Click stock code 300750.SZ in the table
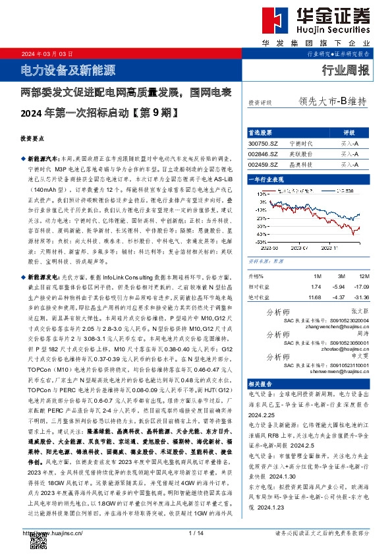coord(263,142)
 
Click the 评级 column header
coord(349,132)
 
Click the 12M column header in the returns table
coord(360,275)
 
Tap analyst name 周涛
coord(359,335)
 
